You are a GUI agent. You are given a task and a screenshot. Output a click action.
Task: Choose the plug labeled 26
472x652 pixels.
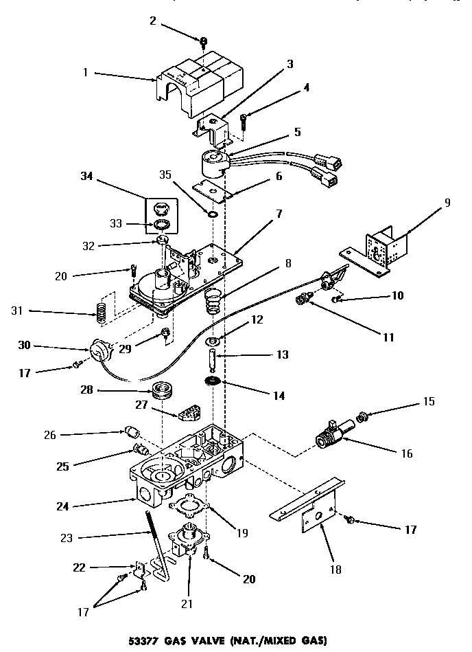pos(132,433)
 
